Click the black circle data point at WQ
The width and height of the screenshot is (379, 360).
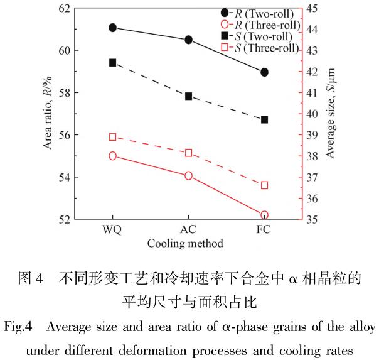pos(112,28)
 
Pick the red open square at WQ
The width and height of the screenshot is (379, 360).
pos(113,137)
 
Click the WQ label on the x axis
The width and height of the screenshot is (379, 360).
pos(112,230)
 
